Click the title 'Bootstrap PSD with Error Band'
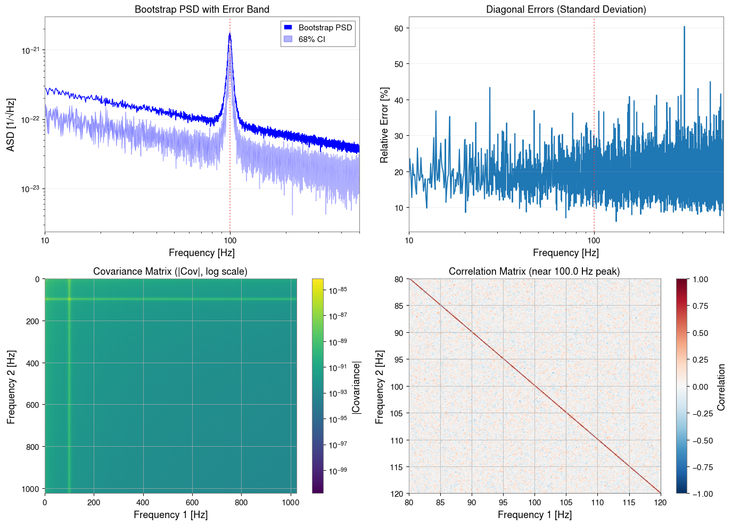click(202, 10)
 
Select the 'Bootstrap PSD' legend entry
click(325, 28)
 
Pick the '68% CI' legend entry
click(311, 39)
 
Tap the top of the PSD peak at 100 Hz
click(229, 34)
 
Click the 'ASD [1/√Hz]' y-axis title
click(11, 125)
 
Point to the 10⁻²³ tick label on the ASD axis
click(31, 189)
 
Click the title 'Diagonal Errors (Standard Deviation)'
click(566, 10)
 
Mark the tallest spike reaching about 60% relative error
click(684, 27)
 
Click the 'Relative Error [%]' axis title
click(384, 125)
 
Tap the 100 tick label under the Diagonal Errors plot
click(594, 241)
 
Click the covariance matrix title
click(170, 272)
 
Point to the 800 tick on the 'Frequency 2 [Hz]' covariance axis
click(33, 447)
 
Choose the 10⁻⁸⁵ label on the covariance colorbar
click(338, 291)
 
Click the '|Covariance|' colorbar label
click(356, 387)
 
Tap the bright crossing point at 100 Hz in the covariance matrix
click(69, 299)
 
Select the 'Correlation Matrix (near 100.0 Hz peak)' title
click(534, 272)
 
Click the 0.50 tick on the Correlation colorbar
click(700, 333)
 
